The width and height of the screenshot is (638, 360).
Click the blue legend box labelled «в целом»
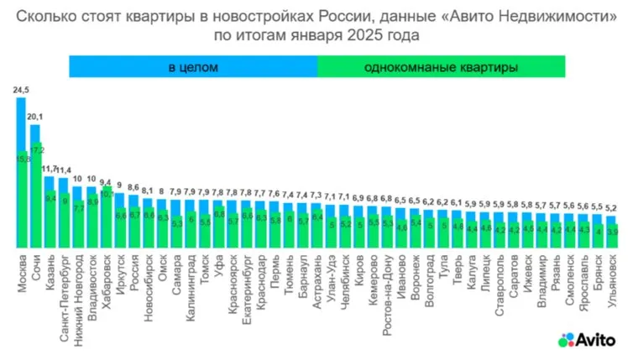click(192, 65)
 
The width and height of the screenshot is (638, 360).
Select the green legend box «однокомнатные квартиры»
click(442, 65)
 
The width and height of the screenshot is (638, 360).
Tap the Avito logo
click(587, 339)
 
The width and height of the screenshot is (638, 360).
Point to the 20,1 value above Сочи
click(36, 117)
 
